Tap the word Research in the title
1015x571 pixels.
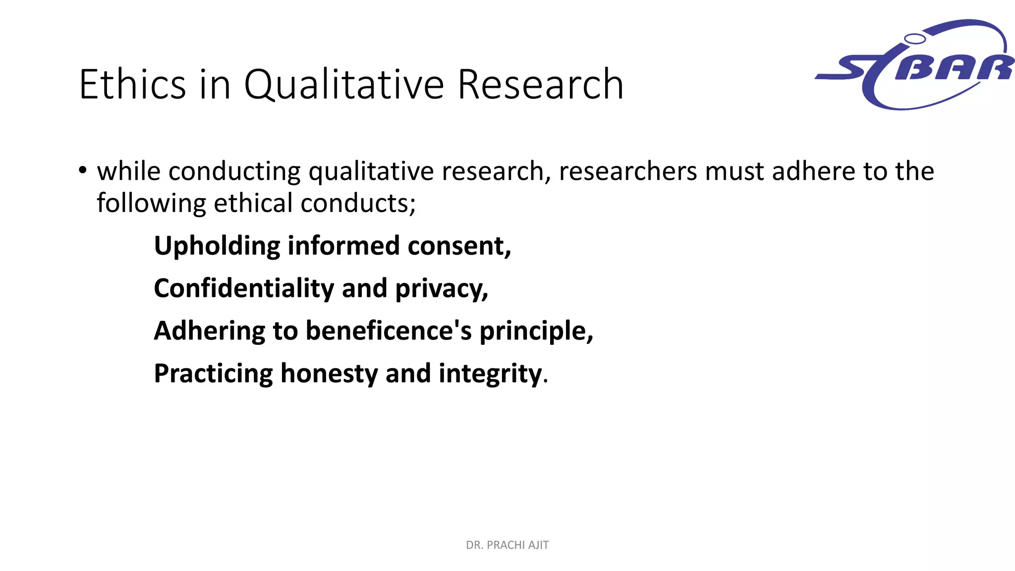point(540,85)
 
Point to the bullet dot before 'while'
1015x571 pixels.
point(82,171)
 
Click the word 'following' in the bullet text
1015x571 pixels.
point(151,204)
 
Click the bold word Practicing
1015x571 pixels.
point(213,374)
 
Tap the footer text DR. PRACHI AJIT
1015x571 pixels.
point(507,545)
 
